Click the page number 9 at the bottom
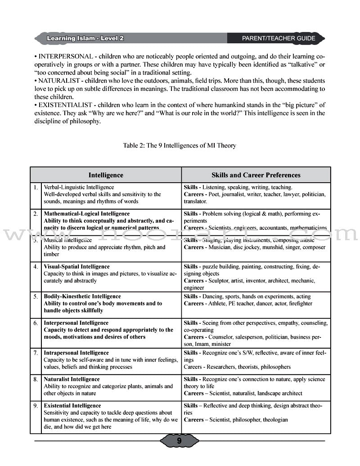pyautogui.click(x=179, y=441)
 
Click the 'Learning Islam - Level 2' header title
pyautogui.click(x=85, y=38)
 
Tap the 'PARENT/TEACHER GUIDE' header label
pyautogui.click(x=279, y=38)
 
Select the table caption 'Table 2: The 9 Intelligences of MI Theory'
pyautogui.click(x=179, y=146)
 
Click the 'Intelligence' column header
pyautogui.click(x=106, y=175)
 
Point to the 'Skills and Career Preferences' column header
pyautogui.click(x=256, y=175)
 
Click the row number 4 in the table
pyautogui.click(x=36, y=267)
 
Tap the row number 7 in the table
pyautogui.click(x=36, y=353)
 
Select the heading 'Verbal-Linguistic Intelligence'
pyautogui.click(x=79, y=187)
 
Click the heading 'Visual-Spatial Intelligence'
pyautogui.click(x=76, y=267)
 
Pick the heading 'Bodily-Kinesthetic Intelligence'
pyautogui.click(x=82, y=296)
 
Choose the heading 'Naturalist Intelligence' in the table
pyautogui.click(x=72, y=379)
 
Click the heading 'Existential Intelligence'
pyautogui.click(x=72, y=406)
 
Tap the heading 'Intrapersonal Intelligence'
pyautogui.click(x=76, y=353)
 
